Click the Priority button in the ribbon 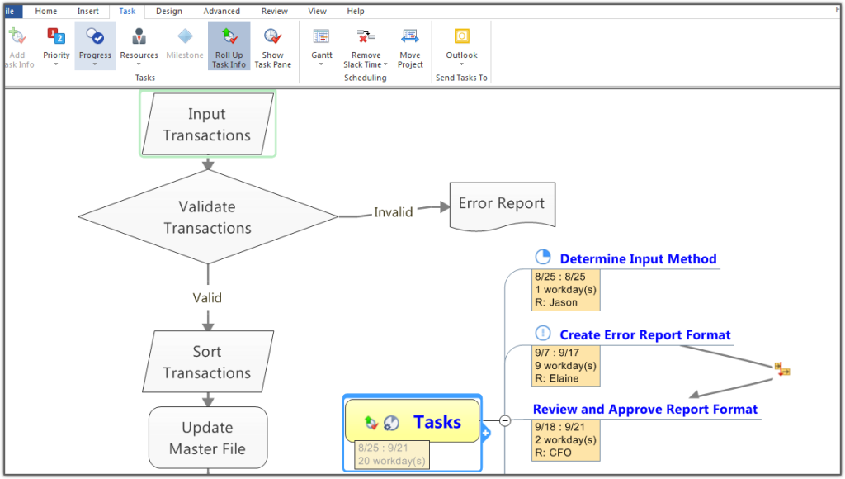pos(56,46)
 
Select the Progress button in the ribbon pos(95,46)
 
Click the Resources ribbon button pos(139,46)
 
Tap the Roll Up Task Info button pos(229,46)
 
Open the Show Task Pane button pos(272,46)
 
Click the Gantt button pos(322,46)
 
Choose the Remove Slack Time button pos(366,46)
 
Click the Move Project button pos(410,46)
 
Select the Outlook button pos(462,46)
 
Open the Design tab pos(169,11)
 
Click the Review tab pos(274,11)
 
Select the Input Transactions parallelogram pos(207,124)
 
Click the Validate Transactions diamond pos(208,217)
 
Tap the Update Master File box pos(208,438)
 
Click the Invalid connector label pos(394,212)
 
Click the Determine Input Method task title pos(638,259)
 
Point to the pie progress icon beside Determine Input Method pos(543,257)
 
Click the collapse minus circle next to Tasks pos(505,420)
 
